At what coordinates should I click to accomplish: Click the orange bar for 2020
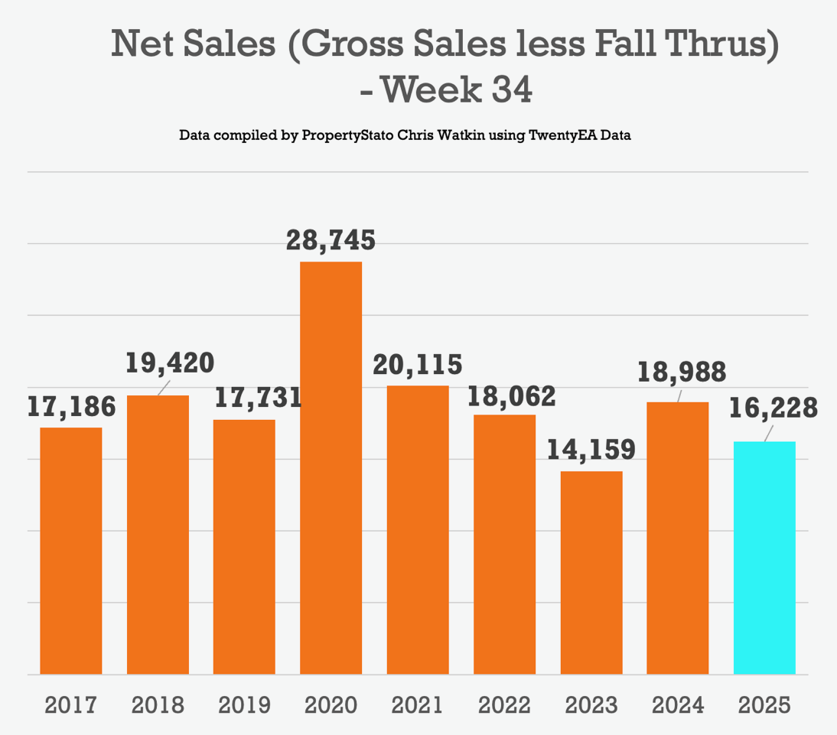coord(331,468)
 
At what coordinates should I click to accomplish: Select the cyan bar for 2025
coord(764,558)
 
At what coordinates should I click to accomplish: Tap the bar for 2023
coord(591,573)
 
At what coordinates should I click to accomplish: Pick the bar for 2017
coord(71,551)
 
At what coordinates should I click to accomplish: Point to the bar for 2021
coord(418,530)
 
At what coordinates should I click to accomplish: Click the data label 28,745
coord(331,240)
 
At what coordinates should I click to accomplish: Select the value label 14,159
coord(591,449)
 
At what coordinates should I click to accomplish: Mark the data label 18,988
coord(681,372)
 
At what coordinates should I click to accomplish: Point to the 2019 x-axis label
coord(244,704)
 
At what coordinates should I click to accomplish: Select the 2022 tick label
coord(504,704)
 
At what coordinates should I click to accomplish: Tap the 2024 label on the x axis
coord(678,704)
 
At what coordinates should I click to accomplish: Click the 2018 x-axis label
coord(158,704)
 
